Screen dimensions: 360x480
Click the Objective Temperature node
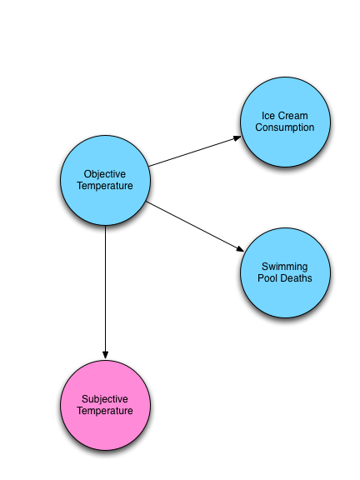[x=105, y=180]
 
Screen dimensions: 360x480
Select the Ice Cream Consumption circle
[x=285, y=122]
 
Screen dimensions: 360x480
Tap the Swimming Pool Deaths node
[x=285, y=272]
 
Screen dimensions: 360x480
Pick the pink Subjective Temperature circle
[x=105, y=405]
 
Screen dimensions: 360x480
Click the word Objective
[x=105, y=174]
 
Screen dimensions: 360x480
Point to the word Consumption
[x=285, y=127]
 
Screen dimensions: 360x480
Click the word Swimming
[x=285, y=267]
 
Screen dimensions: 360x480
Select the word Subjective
[x=105, y=399]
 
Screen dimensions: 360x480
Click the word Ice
[x=267, y=116]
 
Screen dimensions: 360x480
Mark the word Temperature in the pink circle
[x=105, y=411]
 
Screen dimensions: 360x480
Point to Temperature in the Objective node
[x=105, y=186]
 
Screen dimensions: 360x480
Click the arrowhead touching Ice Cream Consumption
[x=237, y=138]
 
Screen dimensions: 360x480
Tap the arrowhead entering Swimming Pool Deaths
[x=240, y=248]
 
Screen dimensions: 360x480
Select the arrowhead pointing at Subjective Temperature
[x=105, y=355]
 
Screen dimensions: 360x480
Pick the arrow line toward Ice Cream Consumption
[x=195, y=152]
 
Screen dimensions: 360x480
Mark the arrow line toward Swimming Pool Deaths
[x=195, y=227]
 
